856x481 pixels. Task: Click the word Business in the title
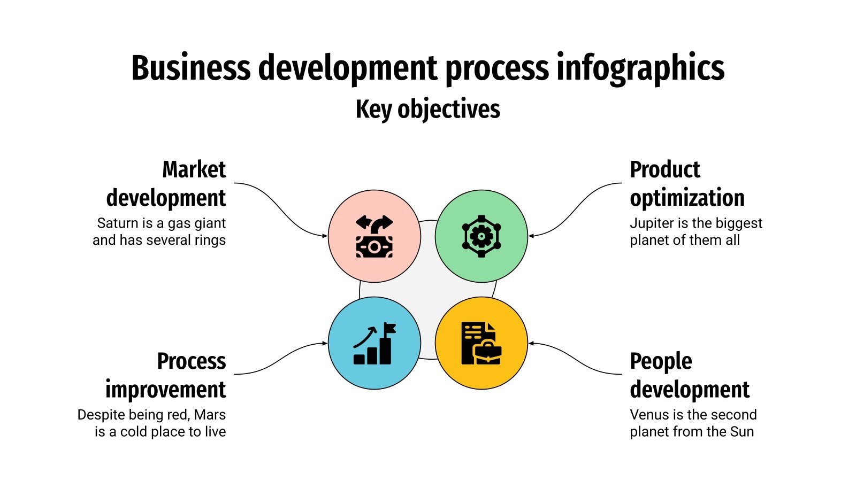[190, 68]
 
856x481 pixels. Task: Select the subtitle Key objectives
[427, 110]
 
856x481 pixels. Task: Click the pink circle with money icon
[374, 236]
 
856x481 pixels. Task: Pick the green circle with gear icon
[481, 236]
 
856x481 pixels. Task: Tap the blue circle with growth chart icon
[374, 343]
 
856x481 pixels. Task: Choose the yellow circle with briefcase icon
[481, 343]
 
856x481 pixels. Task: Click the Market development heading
[166, 183]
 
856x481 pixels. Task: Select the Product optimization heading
[687, 183]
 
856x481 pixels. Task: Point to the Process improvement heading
[166, 375]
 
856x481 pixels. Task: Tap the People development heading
[689, 375]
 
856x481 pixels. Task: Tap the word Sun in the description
[742, 432]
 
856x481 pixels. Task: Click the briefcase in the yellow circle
[487, 353]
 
